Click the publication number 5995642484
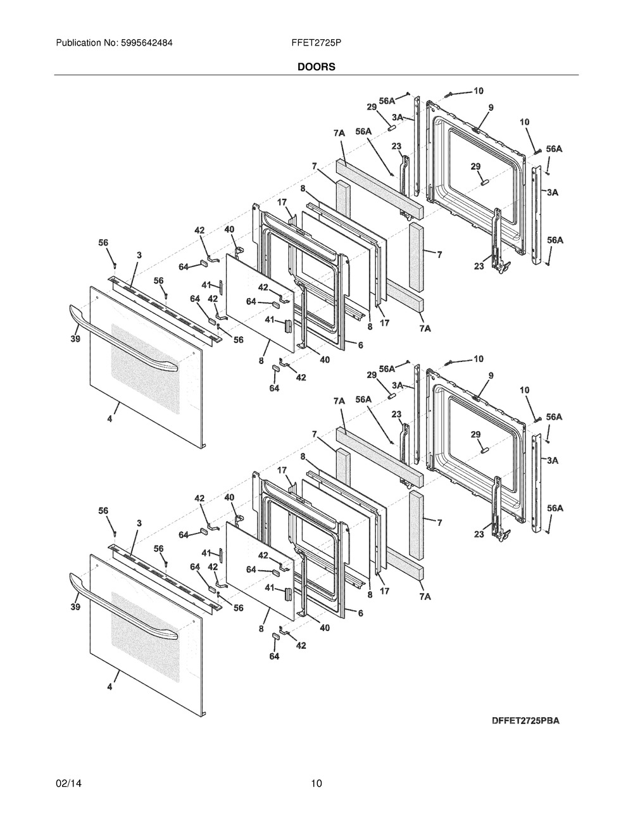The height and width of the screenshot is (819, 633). pyautogui.click(x=147, y=43)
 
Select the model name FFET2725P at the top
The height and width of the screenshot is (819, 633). pyautogui.click(x=316, y=43)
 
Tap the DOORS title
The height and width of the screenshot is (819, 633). pyautogui.click(x=316, y=66)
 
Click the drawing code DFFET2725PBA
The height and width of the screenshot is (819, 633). pyautogui.click(x=525, y=721)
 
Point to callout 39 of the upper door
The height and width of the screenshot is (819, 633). pyautogui.click(x=75, y=339)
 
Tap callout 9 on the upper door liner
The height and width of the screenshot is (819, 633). pyautogui.click(x=491, y=108)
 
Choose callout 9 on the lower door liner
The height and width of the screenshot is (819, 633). pyautogui.click(x=491, y=375)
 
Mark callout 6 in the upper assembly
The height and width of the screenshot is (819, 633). pyautogui.click(x=361, y=345)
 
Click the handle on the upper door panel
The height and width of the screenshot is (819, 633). pyautogui.click(x=123, y=339)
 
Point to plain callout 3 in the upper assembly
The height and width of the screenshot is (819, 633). pyautogui.click(x=139, y=255)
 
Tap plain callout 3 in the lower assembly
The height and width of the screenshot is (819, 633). pyautogui.click(x=139, y=523)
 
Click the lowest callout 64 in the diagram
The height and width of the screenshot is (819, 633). pyautogui.click(x=274, y=656)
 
